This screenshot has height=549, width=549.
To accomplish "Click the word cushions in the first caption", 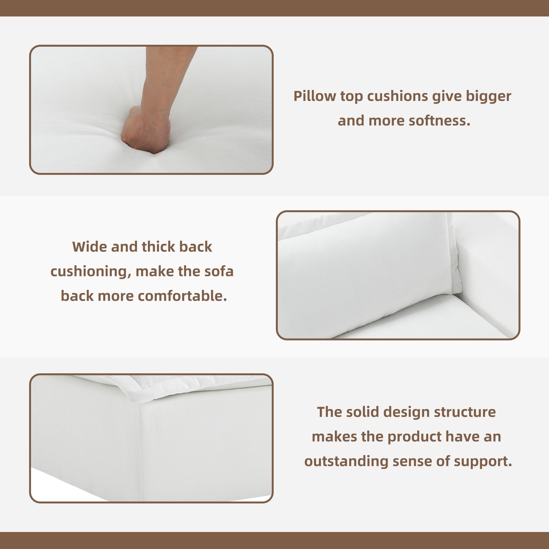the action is tap(397, 96).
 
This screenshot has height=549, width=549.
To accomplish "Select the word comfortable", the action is tap(182, 296).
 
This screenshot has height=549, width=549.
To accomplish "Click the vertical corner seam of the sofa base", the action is tap(141, 452).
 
